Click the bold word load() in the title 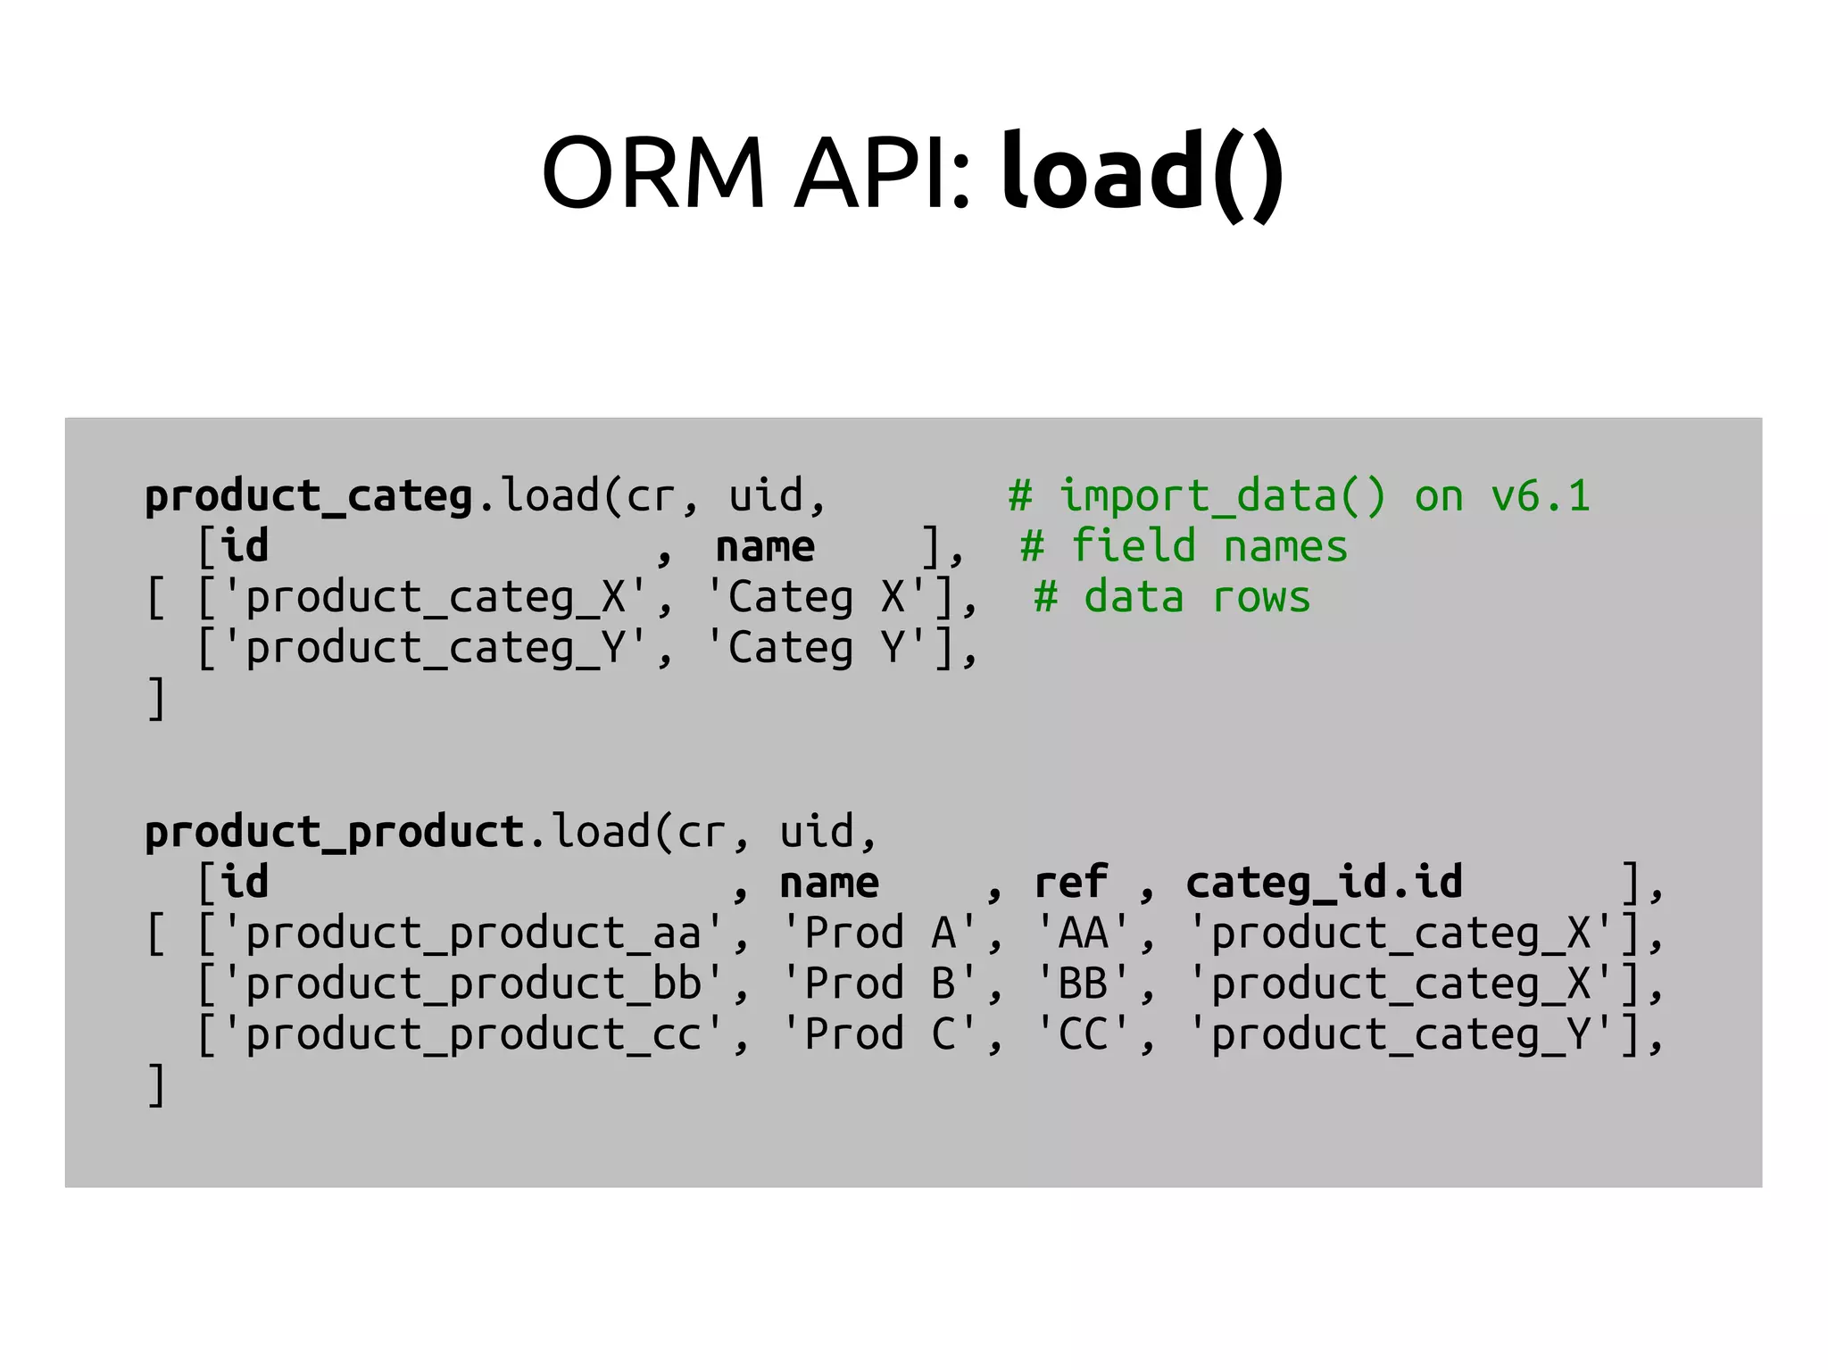[x=1142, y=171]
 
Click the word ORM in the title [x=653, y=171]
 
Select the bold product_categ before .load [x=309, y=496]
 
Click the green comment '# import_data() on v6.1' [x=1299, y=496]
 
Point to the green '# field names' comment [x=1184, y=546]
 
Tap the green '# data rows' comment [x=1172, y=597]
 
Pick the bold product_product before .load [x=335, y=832]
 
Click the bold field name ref [x=1071, y=883]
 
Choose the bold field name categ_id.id [x=1324, y=883]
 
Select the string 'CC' [x=1083, y=1034]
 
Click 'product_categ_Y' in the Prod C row [x=1400, y=1034]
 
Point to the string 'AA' [x=1083, y=934]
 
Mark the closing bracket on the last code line [x=156, y=1085]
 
